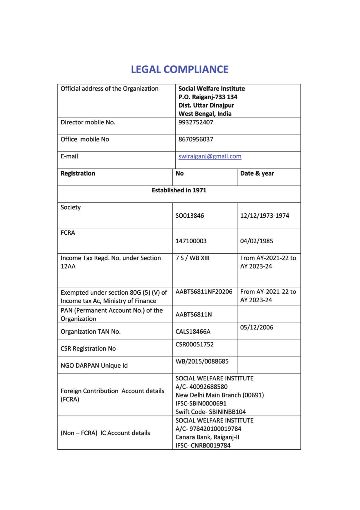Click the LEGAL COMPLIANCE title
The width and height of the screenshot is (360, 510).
pyautogui.click(x=179, y=69)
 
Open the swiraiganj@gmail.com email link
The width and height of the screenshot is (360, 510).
pyautogui.click(x=210, y=156)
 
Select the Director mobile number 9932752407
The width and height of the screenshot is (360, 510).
pyautogui.click(x=196, y=122)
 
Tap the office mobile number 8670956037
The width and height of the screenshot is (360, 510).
pyautogui.click(x=196, y=139)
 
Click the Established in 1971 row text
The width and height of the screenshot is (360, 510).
pyautogui.click(x=179, y=190)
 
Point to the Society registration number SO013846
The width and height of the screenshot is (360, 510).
pyautogui.click(x=190, y=216)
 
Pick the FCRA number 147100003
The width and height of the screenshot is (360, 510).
pyautogui.click(x=191, y=241)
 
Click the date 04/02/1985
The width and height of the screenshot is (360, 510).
pyautogui.click(x=256, y=241)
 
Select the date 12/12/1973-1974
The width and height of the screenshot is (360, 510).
pyautogui.click(x=264, y=216)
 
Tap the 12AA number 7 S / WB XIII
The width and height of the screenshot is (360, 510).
pyautogui.click(x=192, y=258)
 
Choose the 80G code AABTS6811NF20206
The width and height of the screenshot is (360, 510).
pyautogui.click(x=204, y=291)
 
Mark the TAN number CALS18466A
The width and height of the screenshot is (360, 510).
pyautogui.click(x=193, y=332)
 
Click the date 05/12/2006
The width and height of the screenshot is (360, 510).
pyautogui.click(x=256, y=328)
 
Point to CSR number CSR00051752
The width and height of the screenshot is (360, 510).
pyautogui.click(x=195, y=344)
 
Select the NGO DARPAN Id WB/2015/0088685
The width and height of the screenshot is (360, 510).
pyautogui.click(x=202, y=362)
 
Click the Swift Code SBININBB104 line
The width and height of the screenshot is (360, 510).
pyautogui.click(x=210, y=412)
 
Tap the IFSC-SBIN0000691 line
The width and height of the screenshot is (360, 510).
pyautogui.click(x=201, y=403)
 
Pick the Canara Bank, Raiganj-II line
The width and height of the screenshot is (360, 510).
pyautogui.click(x=207, y=437)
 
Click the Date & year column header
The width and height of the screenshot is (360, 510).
pyautogui.click(x=257, y=173)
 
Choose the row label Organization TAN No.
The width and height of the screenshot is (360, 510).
pyautogui.click(x=90, y=332)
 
